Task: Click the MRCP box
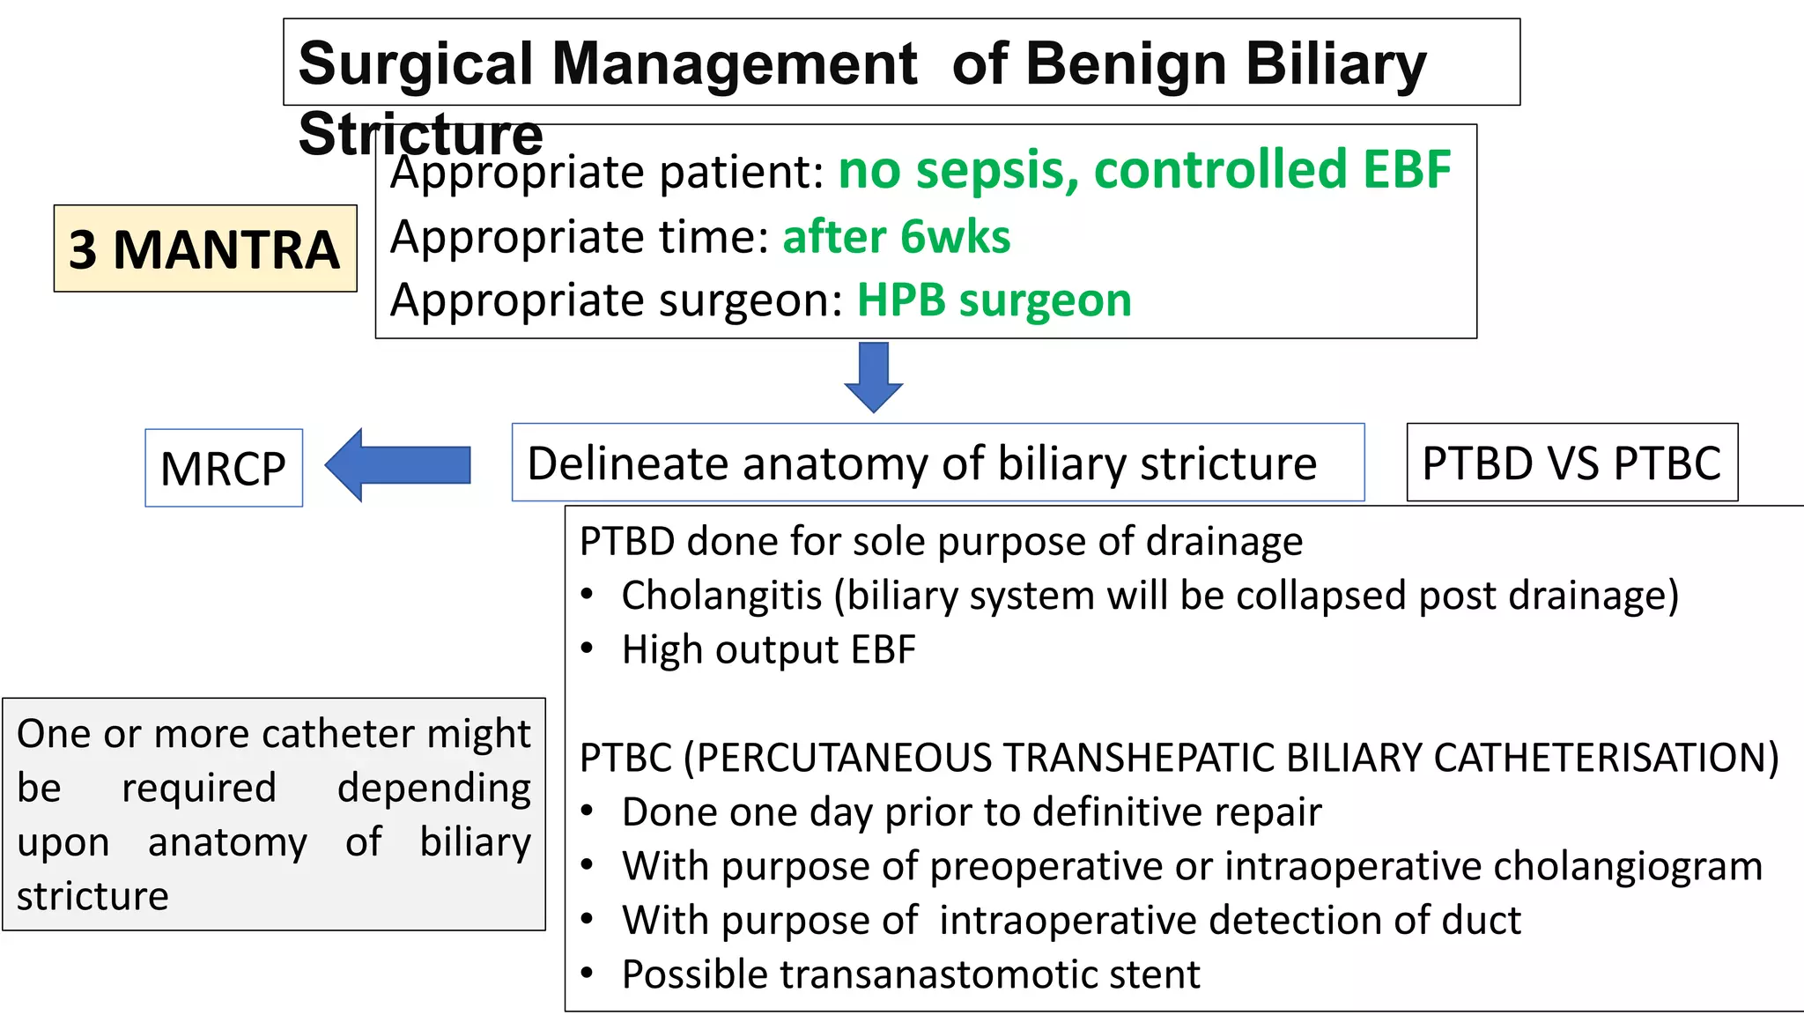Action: (x=224, y=468)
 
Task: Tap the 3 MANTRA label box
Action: (x=205, y=249)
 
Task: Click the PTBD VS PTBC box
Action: (x=1571, y=463)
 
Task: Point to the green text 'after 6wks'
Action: (x=896, y=237)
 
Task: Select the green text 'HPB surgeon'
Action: (x=994, y=300)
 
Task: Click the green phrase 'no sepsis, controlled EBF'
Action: (x=1143, y=170)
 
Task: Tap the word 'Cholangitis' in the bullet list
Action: (x=721, y=596)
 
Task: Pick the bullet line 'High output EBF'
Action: (x=768, y=650)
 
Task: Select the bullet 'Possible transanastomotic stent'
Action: (x=910, y=974)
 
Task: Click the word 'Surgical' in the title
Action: (x=416, y=64)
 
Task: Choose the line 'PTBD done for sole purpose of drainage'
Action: (x=940, y=541)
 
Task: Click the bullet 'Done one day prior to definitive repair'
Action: (x=971, y=811)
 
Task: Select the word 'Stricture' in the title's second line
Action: (x=420, y=134)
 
